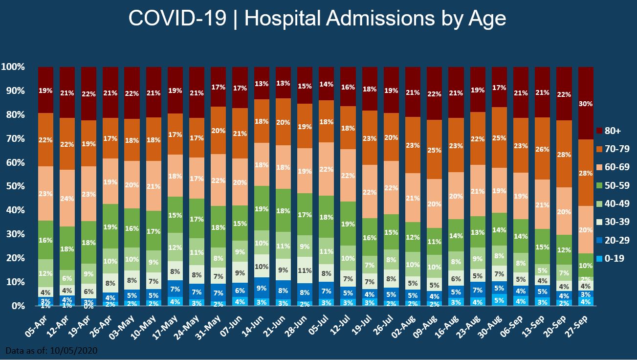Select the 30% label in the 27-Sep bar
tap(586, 104)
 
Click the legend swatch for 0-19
tap(598, 259)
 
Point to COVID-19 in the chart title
tap(177, 19)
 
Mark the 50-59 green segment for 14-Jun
tap(262, 208)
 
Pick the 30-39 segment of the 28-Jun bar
tap(305, 270)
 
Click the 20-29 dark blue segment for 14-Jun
tap(262, 288)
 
